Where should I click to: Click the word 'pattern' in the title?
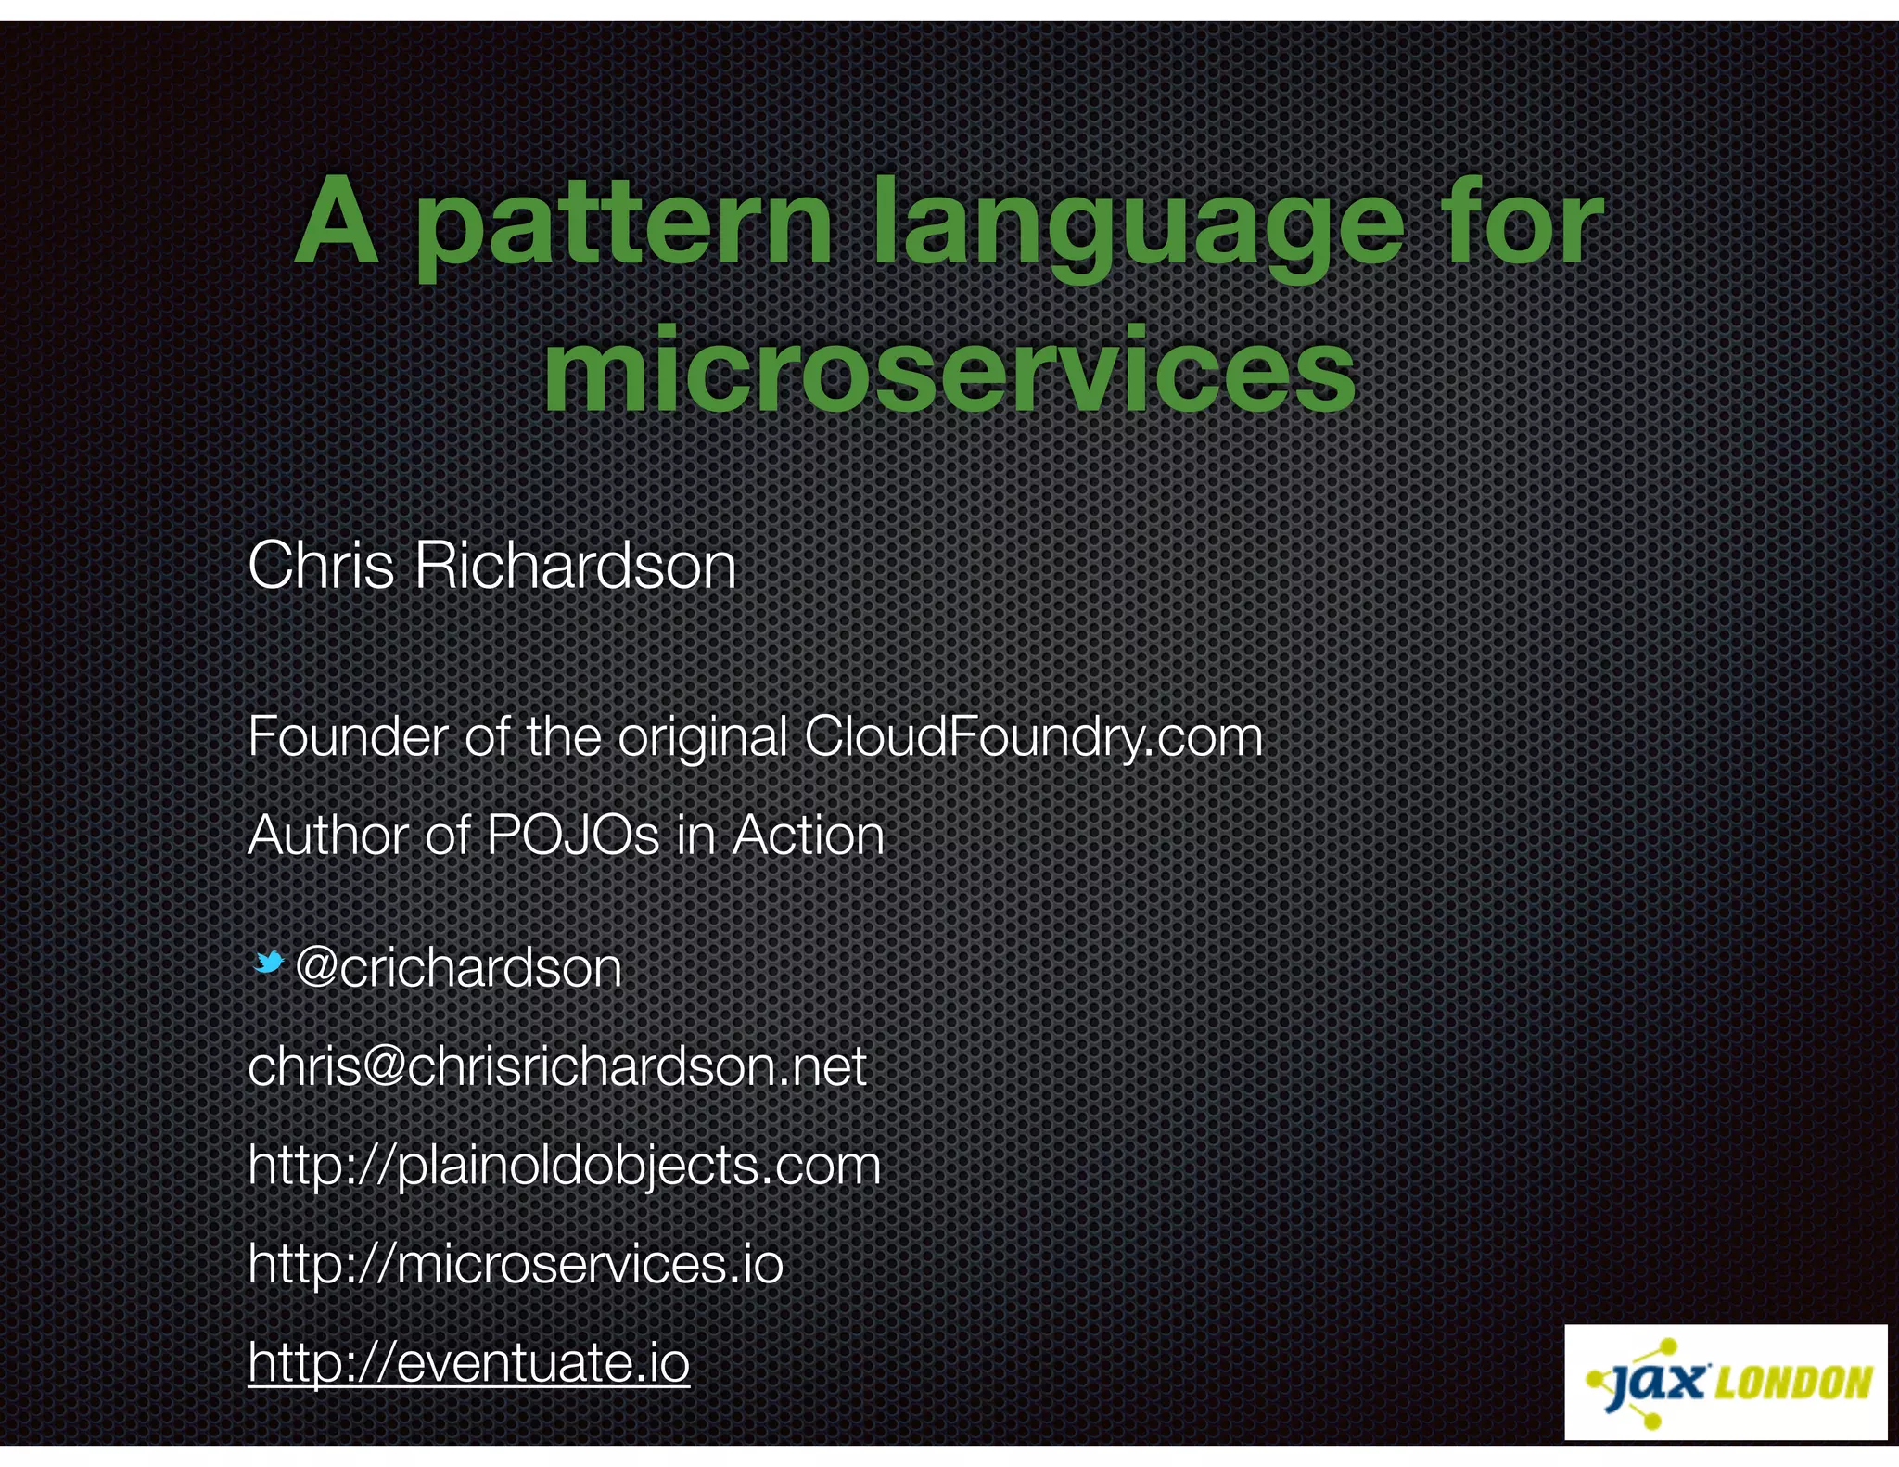pos(623,223)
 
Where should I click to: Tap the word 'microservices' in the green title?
pos(949,369)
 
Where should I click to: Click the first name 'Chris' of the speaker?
pos(321,566)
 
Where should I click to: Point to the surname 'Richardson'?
pos(575,566)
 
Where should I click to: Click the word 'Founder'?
pos(348,737)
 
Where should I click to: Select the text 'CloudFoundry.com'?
pos(1033,737)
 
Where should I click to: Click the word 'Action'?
pos(808,836)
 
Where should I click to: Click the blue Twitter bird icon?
pos(269,963)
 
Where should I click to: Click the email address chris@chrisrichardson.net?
pos(557,1067)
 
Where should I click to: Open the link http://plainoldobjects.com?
pos(564,1166)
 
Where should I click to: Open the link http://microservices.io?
pos(516,1264)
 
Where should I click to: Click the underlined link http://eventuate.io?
pos(469,1362)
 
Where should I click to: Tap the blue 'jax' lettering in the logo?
pos(1657,1383)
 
